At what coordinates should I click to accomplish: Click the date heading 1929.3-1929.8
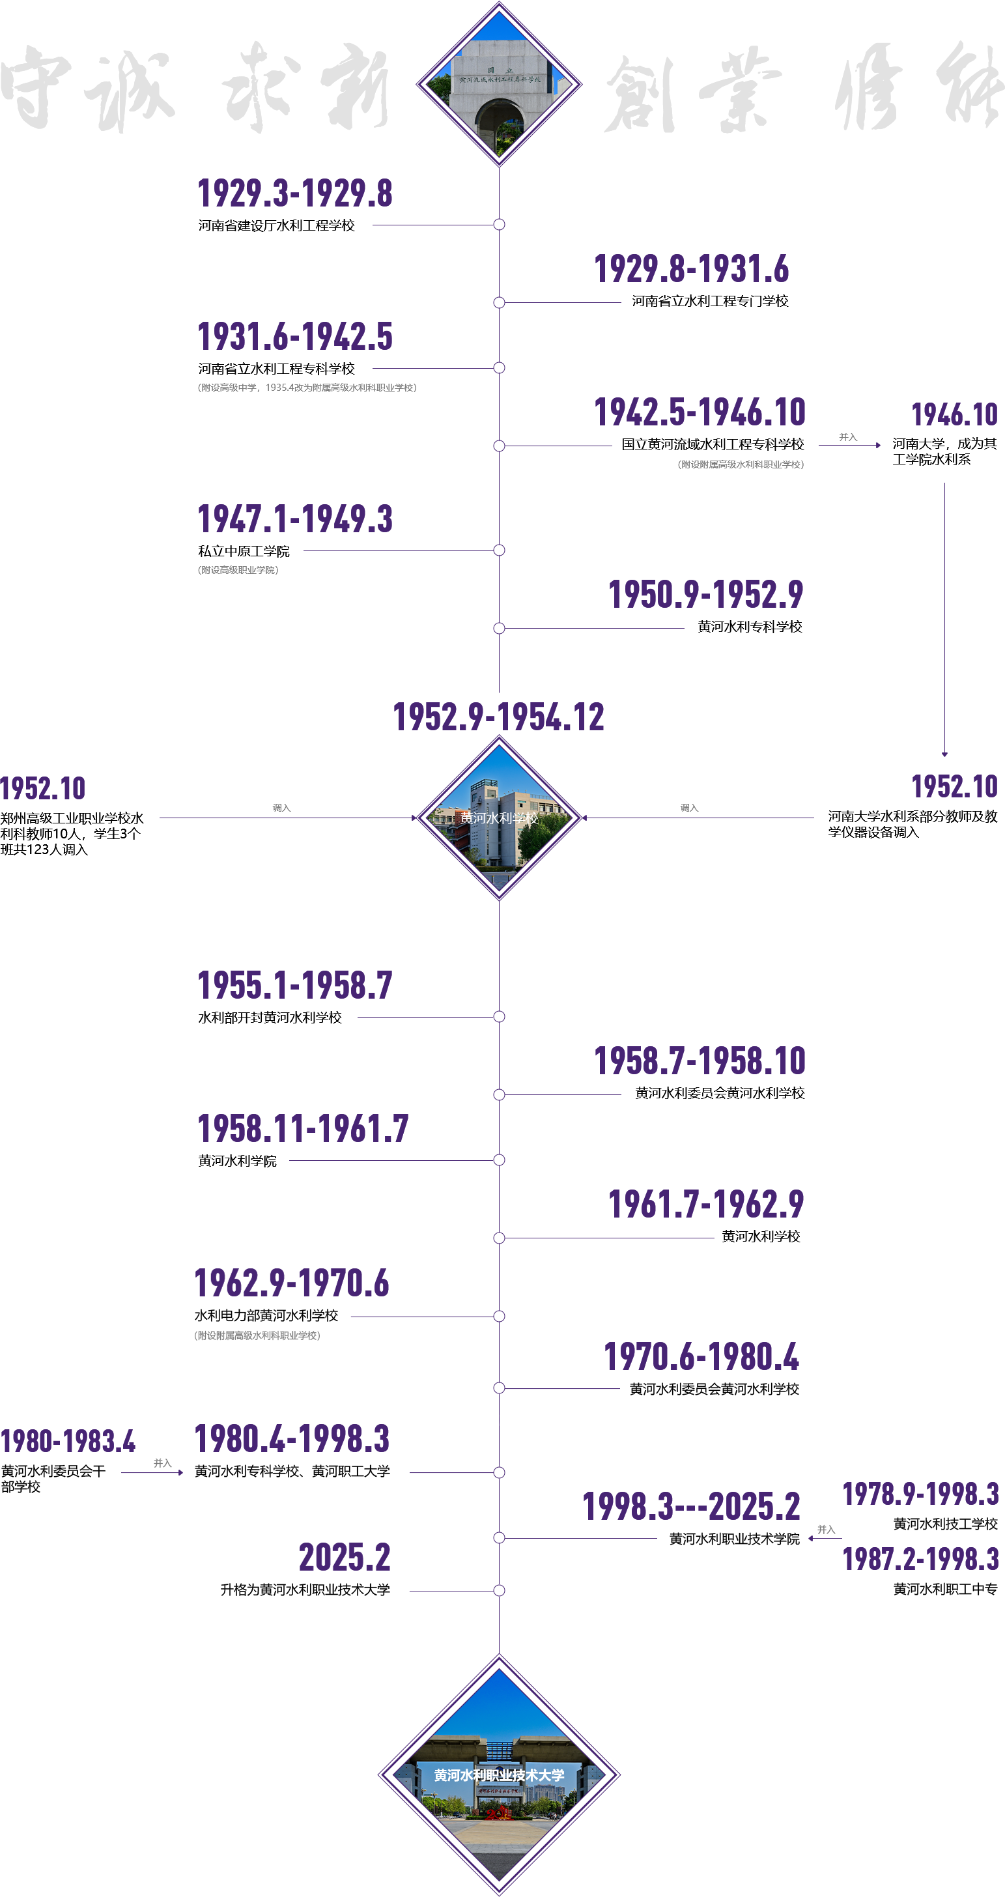coord(294,194)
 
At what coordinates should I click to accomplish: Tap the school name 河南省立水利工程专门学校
coord(710,301)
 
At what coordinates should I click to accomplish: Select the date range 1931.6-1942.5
coord(294,337)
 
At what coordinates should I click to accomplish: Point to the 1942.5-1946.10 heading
coord(700,412)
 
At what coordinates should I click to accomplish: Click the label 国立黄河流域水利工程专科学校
coord(712,444)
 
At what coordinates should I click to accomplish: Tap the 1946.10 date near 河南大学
coord(954,416)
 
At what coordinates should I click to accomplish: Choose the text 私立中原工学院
coord(244,551)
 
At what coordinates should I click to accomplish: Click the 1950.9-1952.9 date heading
coord(705,595)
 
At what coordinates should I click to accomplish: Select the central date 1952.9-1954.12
coord(498,717)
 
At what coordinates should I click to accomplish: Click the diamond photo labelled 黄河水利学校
coord(499,818)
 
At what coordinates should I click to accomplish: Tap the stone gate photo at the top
coord(499,84)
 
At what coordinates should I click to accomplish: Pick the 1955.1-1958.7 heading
coord(294,986)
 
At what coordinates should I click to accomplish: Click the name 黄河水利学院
coord(237,1161)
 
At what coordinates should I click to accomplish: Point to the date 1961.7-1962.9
coord(705,1205)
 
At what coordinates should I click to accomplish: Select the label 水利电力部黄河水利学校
coord(266,1315)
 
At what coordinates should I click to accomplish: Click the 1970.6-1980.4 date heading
coord(701,1357)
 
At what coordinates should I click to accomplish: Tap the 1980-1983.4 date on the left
coord(68,1441)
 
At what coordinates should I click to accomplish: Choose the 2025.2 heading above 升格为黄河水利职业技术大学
coord(345,1558)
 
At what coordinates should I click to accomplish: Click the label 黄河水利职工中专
coord(945,1589)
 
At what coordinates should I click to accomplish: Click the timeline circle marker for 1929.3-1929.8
coord(499,225)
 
